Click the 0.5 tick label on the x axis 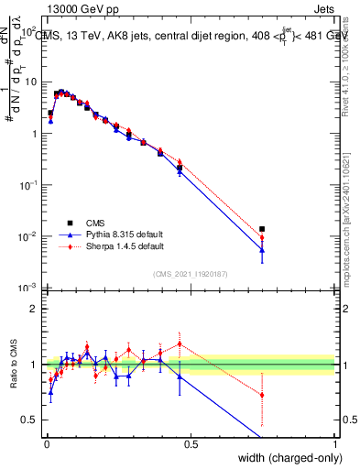pyautogui.click(x=190, y=443)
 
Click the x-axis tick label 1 pyautogui.click(x=335, y=443)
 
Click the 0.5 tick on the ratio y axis pyautogui.click(x=28, y=420)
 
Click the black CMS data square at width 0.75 pyautogui.click(x=262, y=229)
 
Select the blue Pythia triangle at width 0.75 pyautogui.click(x=262, y=249)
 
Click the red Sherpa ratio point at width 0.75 pyautogui.click(x=262, y=395)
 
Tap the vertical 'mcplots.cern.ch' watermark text pyautogui.click(x=345, y=229)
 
